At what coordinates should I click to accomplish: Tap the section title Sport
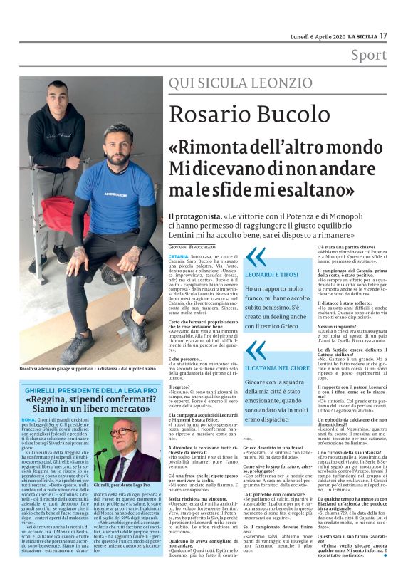coord(369,55)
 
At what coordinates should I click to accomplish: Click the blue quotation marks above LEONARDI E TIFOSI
coord(253,257)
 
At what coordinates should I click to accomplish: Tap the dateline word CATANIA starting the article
coord(179,255)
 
